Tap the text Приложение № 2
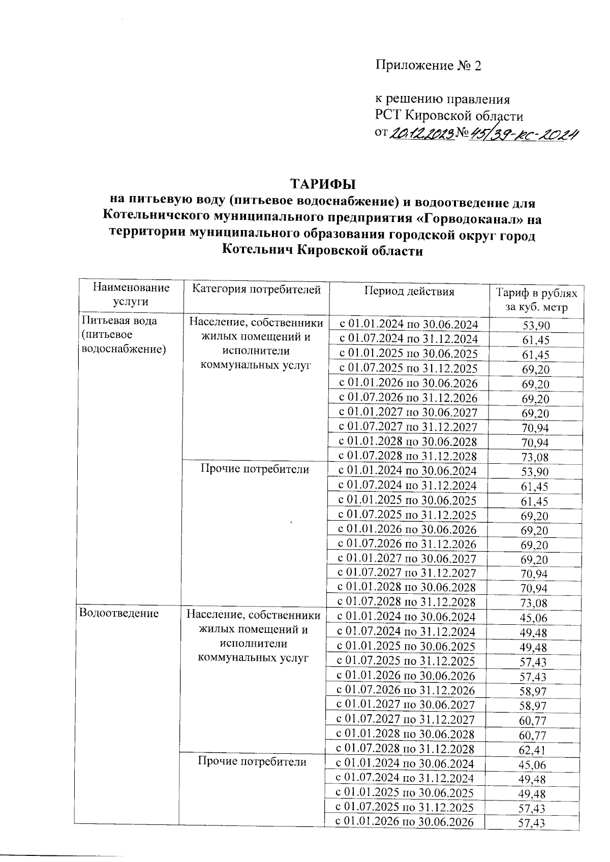click(x=428, y=66)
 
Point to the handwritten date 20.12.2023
click(x=421, y=134)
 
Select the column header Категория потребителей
click(x=256, y=290)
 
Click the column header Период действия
click(x=409, y=292)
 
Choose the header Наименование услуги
click(x=131, y=294)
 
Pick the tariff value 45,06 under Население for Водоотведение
click(x=532, y=618)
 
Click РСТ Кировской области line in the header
click(x=449, y=116)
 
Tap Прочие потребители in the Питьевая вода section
click(x=254, y=469)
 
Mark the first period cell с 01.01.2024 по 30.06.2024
click(x=408, y=324)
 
